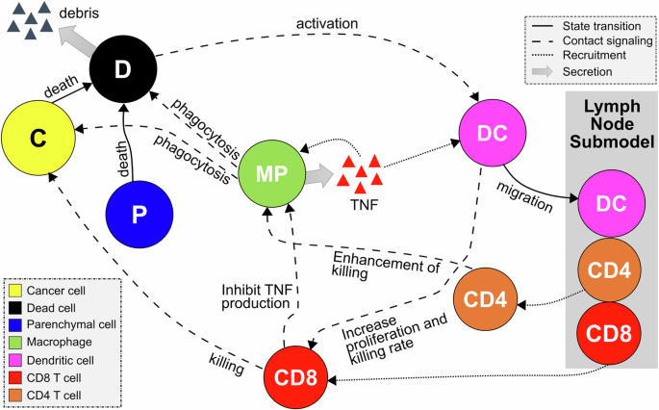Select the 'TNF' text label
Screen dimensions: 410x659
tap(364, 201)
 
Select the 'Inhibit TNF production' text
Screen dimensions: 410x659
tap(251, 294)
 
